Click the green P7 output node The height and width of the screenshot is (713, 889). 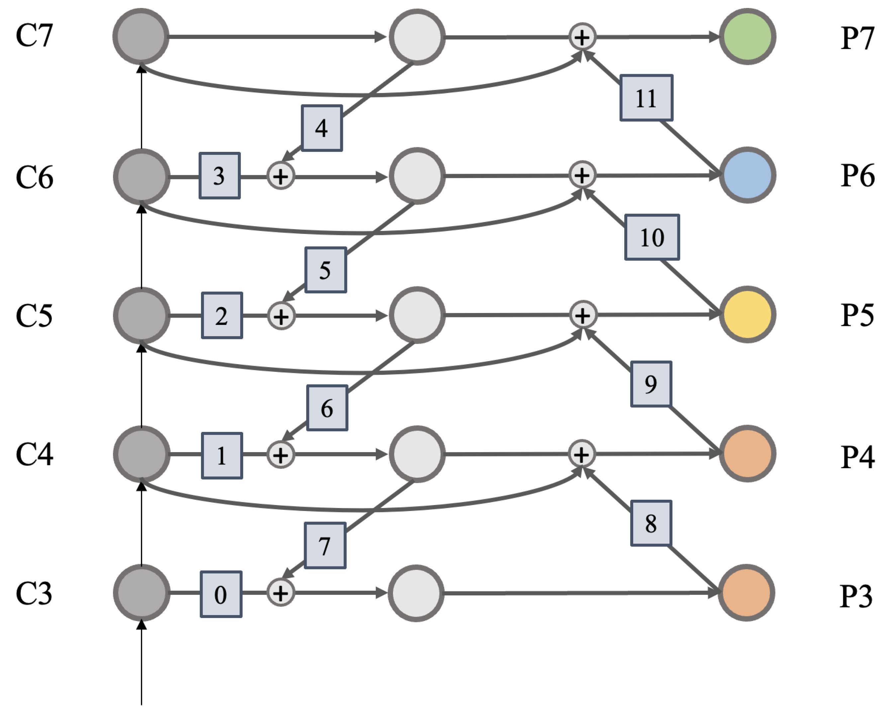tap(747, 37)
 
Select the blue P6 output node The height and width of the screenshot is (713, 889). tap(747, 175)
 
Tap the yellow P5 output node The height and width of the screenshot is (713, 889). tap(747, 315)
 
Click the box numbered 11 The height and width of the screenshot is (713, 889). tap(646, 98)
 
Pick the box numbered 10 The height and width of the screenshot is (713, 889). tap(652, 237)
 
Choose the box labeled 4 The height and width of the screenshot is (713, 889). tap(322, 128)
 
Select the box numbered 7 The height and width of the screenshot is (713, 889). tap(325, 546)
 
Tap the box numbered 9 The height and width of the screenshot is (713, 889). tap(651, 384)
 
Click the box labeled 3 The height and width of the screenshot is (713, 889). tap(219, 176)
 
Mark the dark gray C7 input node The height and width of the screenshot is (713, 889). tap(141, 37)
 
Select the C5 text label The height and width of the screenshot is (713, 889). tap(34, 316)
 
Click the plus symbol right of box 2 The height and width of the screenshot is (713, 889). tap(281, 316)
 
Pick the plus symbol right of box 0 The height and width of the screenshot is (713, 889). tap(281, 593)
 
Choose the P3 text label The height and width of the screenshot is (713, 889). tap(856, 596)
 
